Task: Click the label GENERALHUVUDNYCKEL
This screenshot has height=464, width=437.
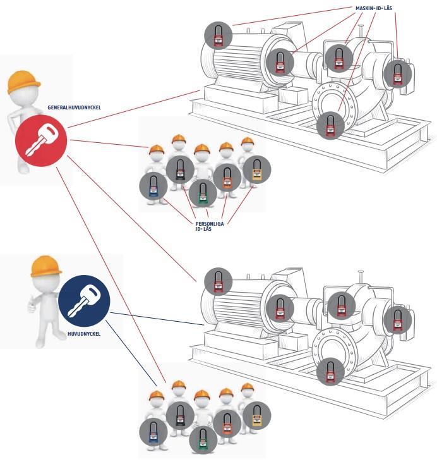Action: point(75,108)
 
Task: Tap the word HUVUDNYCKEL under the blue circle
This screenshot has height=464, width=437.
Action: point(84,331)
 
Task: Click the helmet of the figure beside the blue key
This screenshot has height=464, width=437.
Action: point(46,266)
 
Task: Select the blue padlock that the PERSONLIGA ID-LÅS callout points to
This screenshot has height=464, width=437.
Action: point(152,187)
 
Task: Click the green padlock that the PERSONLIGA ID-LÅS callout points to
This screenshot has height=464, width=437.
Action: point(201,193)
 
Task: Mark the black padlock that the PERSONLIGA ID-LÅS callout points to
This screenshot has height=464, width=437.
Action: point(181,169)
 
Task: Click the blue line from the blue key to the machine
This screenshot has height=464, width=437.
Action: point(158,319)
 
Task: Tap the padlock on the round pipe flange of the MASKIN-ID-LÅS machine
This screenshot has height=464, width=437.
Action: point(330,125)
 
